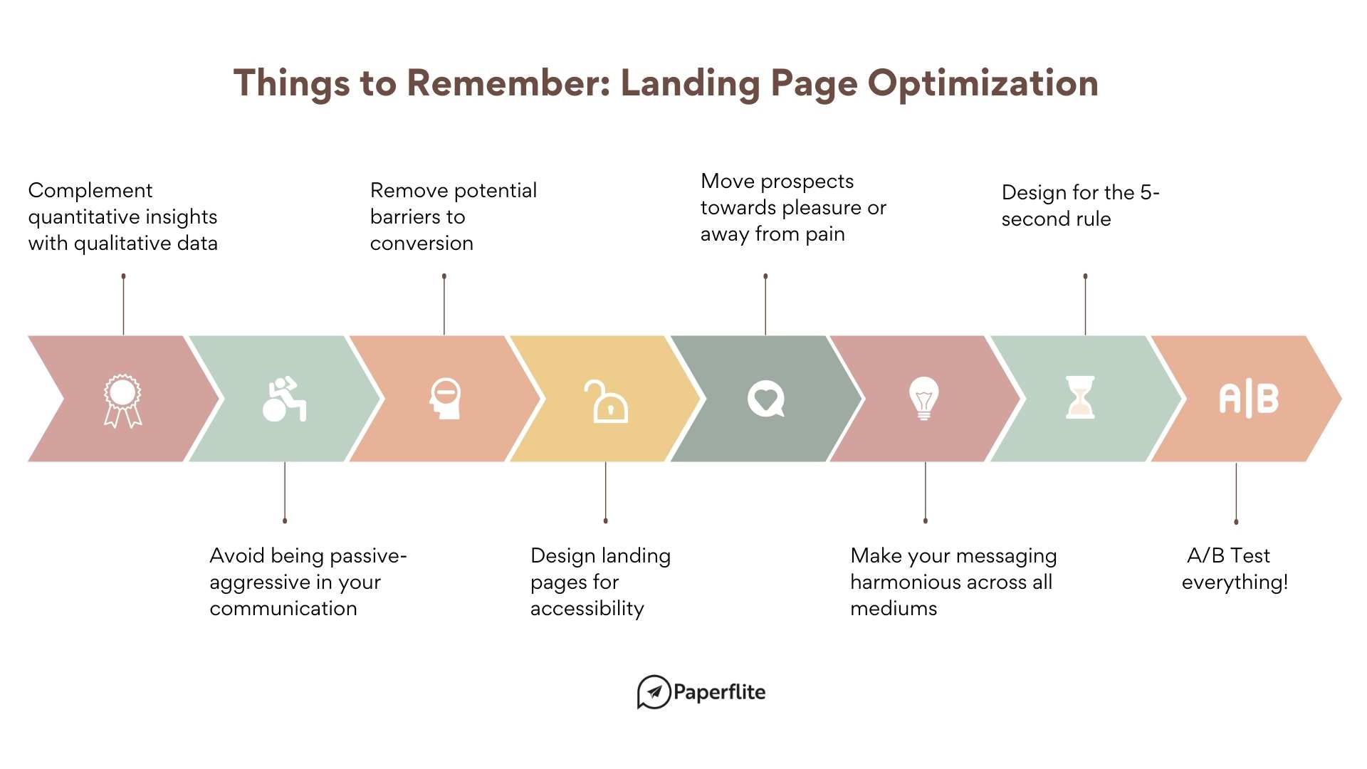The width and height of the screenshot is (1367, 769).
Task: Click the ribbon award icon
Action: point(122,400)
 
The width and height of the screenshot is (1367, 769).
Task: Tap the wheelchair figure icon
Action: point(284,399)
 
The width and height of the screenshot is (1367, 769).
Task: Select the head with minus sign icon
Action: point(446,398)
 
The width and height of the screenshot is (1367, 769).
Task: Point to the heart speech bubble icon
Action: point(766,399)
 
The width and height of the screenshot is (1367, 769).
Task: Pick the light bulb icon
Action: point(924,398)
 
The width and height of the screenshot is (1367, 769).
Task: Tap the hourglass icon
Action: point(1080,397)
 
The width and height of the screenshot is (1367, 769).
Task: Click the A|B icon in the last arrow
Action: point(1249,399)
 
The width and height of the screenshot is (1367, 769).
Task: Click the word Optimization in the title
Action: point(983,84)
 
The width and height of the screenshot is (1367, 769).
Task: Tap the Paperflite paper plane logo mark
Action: point(654,692)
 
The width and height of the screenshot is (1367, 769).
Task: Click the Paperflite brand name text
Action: point(719,692)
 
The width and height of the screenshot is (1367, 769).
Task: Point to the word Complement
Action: point(90,191)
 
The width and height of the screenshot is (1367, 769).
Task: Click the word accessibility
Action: point(587,609)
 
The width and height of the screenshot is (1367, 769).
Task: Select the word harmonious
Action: point(901,582)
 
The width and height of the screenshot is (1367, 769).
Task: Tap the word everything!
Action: point(1235,582)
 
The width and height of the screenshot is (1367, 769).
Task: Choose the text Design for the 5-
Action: point(1080,193)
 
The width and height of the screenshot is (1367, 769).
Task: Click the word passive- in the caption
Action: point(368,556)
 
